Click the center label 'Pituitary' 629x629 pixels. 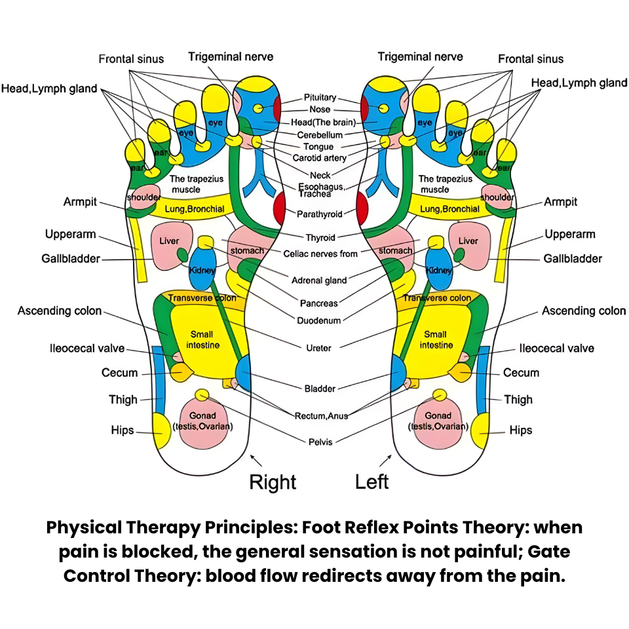pos(320,98)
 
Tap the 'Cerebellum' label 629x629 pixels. pos(320,135)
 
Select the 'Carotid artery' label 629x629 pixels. pos(320,159)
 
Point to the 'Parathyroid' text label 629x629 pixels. pos(319,214)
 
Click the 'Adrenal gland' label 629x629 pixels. pos(319,280)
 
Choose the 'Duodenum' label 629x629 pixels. pos(319,321)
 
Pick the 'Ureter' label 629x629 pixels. pos(319,348)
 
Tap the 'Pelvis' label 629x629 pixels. pos(320,442)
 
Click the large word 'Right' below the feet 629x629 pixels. pos(273,482)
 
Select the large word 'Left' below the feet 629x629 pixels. pos(372,482)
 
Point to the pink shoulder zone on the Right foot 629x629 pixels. pos(143,199)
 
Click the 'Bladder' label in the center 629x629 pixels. pos(320,389)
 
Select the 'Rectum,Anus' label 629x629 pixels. pos(320,415)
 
